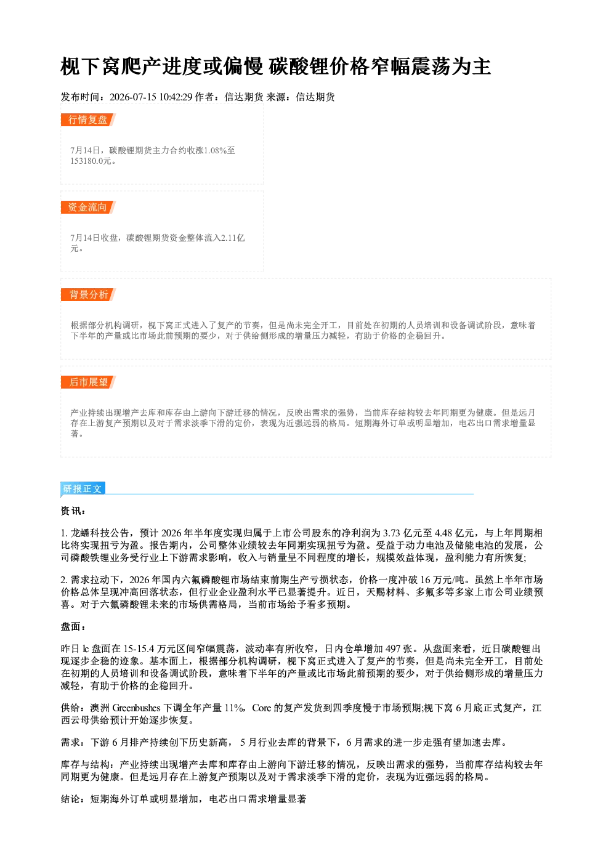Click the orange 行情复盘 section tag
click(88, 120)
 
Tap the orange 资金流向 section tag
click(88, 207)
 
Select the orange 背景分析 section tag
click(88, 295)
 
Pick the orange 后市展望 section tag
click(88, 382)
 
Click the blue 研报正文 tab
click(83, 489)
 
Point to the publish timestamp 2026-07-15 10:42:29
click(151, 97)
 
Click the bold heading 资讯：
click(73, 511)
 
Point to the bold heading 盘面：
click(73, 627)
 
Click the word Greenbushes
click(136, 708)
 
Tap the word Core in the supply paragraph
click(262, 708)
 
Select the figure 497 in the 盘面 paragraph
click(394, 649)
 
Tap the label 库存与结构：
click(90, 764)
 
